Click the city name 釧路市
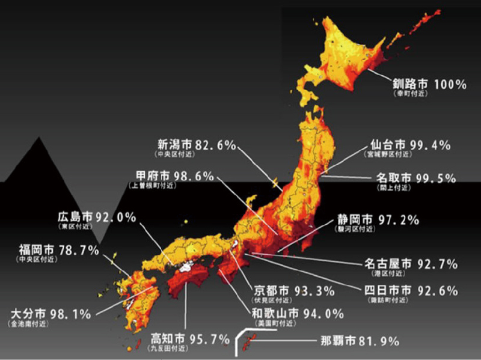pos(410,85)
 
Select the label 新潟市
pos(174,144)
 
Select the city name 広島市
pos(75,217)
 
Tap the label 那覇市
pos(333,341)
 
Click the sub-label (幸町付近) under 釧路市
pos(410,95)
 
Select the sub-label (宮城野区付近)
pos(389,155)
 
